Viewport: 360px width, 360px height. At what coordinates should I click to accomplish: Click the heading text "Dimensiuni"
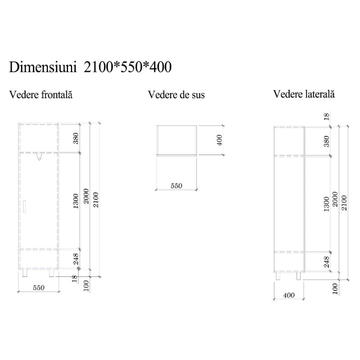pos(43,67)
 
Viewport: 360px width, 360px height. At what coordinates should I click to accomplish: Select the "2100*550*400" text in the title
pos(128,67)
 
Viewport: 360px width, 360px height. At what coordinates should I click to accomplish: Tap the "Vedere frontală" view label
pos(41,94)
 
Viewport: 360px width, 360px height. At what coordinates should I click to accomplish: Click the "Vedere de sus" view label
pos(176,95)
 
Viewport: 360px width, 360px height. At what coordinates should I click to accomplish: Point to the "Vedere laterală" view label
pos(304,94)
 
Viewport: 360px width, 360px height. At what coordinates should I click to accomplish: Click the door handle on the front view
pos(25,206)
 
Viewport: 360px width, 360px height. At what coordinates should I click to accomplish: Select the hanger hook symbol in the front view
pos(39,157)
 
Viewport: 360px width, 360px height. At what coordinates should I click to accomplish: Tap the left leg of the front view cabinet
pos(25,273)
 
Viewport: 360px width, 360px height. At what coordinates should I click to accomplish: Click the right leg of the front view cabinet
pos(52,273)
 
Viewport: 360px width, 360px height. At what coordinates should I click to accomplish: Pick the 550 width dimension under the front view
pos(39,287)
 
